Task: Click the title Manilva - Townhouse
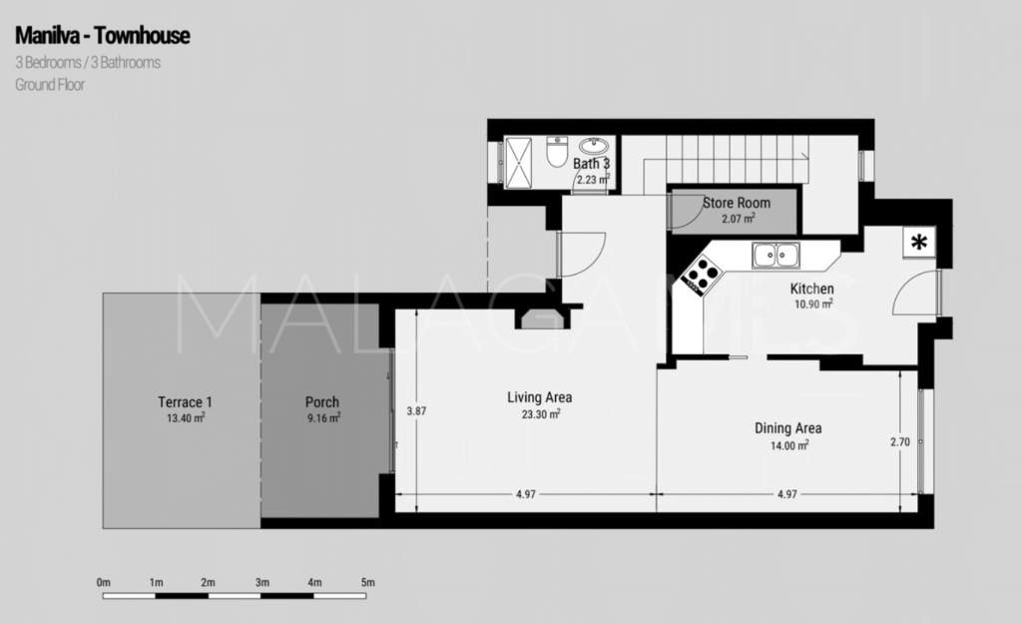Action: click(x=103, y=37)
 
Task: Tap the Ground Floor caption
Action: click(x=50, y=85)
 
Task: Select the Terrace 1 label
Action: click(x=185, y=402)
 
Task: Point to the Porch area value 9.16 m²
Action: click(x=322, y=417)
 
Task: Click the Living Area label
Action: click(x=540, y=397)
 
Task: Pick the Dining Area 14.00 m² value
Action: click(x=787, y=444)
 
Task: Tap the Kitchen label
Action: click(x=813, y=290)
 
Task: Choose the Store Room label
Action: click(x=737, y=203)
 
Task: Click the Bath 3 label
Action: click(x=591, y=164)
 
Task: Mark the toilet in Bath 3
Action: click(x=557, y=155)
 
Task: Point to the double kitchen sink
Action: click(x=776, y=256)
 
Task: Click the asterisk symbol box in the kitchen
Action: click(x=918, y=242)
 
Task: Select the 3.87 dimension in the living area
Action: click(x=417, y=410)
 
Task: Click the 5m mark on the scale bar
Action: click(x=367, y=582)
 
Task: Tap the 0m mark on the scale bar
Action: click(x=103, y=582)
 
